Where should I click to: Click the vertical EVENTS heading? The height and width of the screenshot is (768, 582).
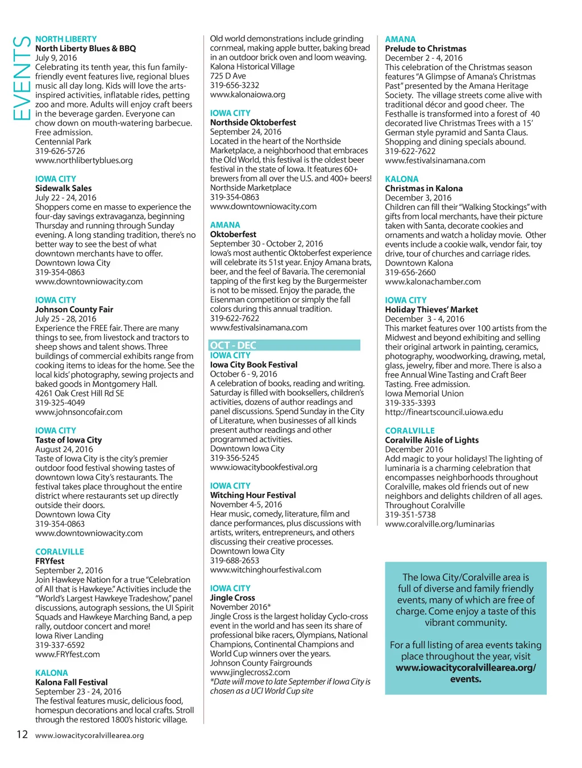tap(21, 78)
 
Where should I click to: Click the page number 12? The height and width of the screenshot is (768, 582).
tap(22, 734)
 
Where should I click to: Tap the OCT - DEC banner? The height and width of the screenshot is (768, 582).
tap(285, 345)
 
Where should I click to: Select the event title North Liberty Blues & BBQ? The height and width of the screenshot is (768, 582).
tap(85, 49)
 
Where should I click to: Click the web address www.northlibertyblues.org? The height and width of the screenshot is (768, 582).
tap(84, 160)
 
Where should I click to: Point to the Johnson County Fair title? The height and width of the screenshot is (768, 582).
tap(74, 309)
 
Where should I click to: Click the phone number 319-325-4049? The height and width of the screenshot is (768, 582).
tap(60, 403)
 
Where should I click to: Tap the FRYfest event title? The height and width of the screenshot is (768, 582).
tap(50, 561)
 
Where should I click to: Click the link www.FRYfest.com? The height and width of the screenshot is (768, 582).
tap(67, 654)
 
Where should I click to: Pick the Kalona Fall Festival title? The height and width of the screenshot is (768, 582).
tap(71, 682)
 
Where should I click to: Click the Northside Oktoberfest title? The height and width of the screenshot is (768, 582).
tap(253, 122)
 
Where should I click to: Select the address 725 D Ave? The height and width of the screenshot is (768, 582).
tap(228, 76)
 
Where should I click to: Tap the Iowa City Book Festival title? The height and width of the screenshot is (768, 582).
tap(253, 365)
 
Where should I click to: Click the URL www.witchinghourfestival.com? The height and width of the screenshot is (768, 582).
tap(265, 569)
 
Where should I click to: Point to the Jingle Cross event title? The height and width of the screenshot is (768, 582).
tap(232, 598)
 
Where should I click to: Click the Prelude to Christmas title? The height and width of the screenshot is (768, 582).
tap(426, 49)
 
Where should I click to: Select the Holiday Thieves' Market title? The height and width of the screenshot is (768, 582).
tap(431, 309)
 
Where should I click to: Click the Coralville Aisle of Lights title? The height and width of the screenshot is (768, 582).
tap(431, 440)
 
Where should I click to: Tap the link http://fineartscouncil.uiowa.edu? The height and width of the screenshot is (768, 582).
tap(444, 412)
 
